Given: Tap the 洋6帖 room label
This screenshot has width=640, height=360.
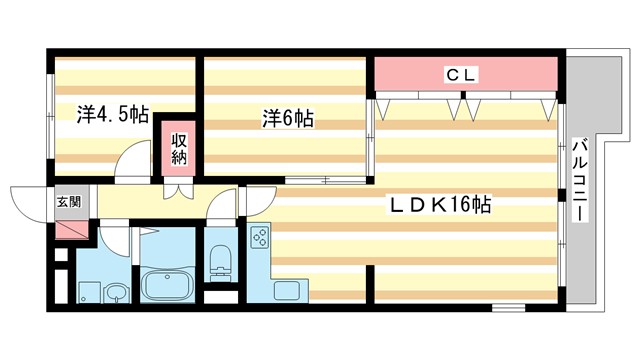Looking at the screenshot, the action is point(288,119).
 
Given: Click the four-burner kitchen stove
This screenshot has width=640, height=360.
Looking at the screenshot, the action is point(259,238).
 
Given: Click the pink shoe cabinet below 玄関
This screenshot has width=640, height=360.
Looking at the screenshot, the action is point(71,227).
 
